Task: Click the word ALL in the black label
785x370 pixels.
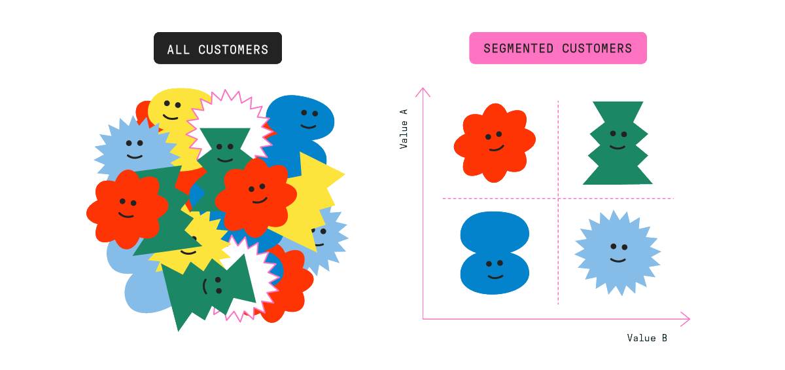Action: [x=178, y=49]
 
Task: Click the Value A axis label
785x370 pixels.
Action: [x=404, y=129]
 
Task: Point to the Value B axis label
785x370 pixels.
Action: [x=646, y=338]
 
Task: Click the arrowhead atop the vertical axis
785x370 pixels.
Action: [x=423, y=90]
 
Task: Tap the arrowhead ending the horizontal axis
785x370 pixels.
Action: [x=688, y=319]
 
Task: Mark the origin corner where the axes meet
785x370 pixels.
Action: [x=423, y=319]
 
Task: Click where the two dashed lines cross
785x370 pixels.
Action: [x=558, y=198]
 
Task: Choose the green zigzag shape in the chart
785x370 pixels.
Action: [x=617, y=143]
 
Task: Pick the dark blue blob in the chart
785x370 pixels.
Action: [x=495, y=253]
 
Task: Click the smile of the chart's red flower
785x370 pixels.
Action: [x=495, y=148]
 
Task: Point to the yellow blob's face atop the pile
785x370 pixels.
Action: [x=171, y=110]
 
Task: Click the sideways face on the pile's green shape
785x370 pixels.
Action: [x=212, y=286]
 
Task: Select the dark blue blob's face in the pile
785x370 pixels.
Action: [x=308, y=119]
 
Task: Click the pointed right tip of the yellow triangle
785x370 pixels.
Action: [x=343, y=175]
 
